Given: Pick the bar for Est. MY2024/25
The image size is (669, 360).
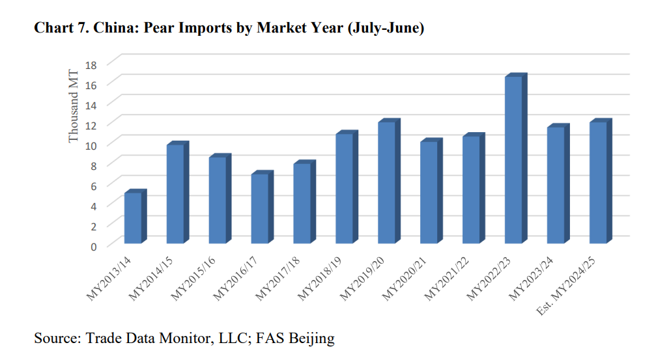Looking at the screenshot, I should tap(598, 182).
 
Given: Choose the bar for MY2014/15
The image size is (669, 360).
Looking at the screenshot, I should tap(175, 193).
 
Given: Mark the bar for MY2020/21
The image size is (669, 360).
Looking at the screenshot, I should tap(429, 192).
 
